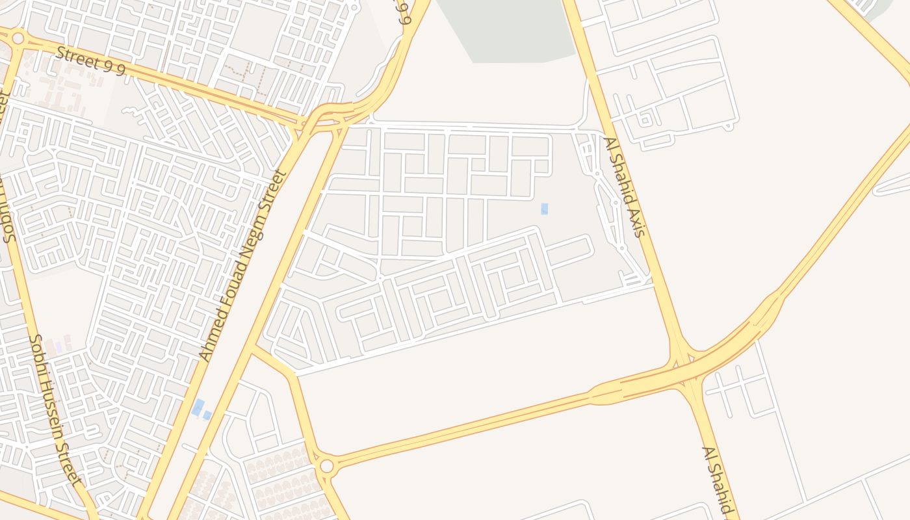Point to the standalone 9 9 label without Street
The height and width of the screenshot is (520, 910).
tap(404, 12)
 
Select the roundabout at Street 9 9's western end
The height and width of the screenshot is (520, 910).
tap(18, 38)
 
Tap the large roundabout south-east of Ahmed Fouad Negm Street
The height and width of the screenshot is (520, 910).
tap(326, 465)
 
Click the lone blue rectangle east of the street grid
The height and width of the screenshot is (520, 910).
tap(544, 209)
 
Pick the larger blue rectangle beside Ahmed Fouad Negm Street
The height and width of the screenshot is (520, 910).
tap(198, 408)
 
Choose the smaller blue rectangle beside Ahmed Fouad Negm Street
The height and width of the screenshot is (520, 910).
tap(207, 415)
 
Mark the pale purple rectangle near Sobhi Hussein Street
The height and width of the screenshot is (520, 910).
tap(58, 347)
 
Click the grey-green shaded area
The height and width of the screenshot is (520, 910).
tap(507, 29)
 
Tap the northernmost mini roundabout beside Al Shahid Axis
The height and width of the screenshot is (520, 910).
tap(597, 174)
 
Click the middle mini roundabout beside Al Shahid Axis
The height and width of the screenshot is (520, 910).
tap(614, 202)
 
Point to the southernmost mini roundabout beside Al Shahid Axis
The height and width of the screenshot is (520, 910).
tap(622, 248)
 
